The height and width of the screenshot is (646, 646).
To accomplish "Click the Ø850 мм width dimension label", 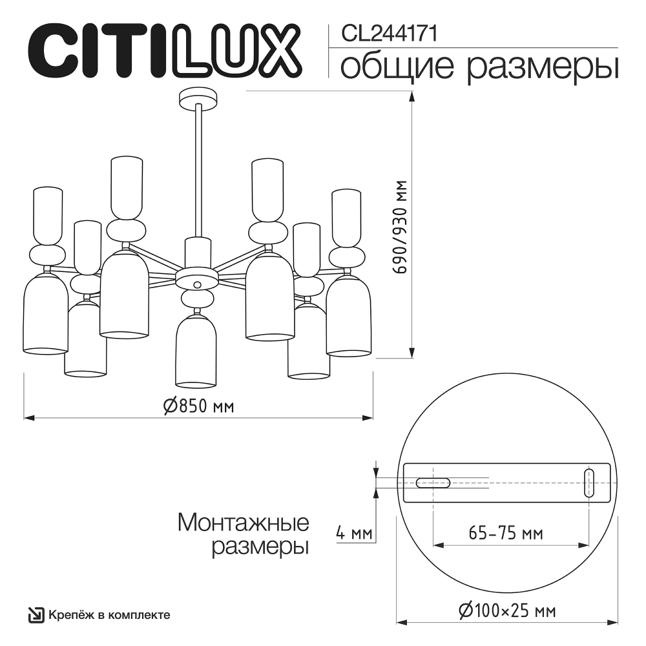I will (x=198, y=406).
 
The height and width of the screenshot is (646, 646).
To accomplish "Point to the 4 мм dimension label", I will (x=354, y=534).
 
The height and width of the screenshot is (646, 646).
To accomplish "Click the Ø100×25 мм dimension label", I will (x=506, y=610).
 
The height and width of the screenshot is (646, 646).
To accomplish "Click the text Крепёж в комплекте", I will (x=109, y=614).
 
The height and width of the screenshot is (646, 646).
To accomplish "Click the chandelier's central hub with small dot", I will (x=198, y=282).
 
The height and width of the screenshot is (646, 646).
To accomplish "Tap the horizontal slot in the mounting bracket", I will (x=433, y=483).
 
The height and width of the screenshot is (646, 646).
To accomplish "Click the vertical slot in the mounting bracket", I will (x=589, y=483).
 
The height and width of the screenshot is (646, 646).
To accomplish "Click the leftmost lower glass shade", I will (x=45, y=313).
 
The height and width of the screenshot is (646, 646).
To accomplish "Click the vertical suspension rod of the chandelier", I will (x=198, y=174).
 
